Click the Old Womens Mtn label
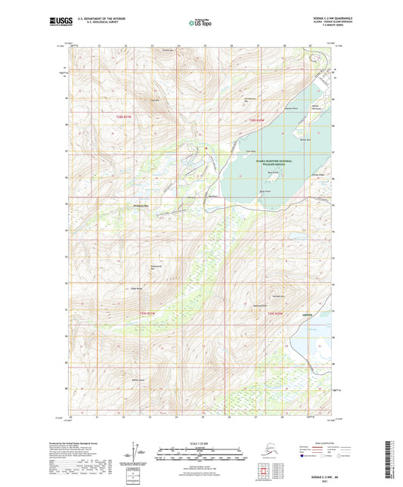[x=253, y=98]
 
